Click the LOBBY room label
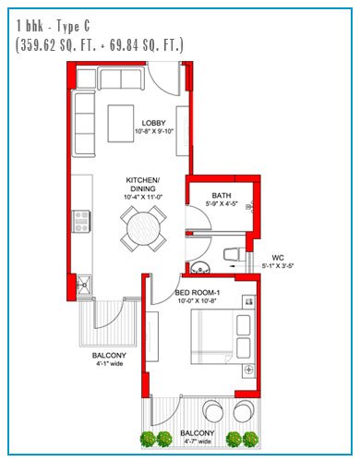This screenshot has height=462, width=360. (153, 123)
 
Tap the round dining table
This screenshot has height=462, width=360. (143, 229)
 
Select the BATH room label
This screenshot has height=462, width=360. (222, 195)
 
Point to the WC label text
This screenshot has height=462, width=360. (278, 258)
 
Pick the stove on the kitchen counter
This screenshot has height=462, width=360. (81, 221)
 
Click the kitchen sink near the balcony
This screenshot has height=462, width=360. (84, 285)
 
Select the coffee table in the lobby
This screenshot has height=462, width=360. (121, 124)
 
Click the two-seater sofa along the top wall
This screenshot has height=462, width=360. (121, 79)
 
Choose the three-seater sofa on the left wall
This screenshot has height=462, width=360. (83, 124)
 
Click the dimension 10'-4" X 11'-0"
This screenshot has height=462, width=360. (143, 197)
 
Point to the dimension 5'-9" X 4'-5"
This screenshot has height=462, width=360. (222, 203)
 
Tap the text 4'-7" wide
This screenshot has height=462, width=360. (197, 442)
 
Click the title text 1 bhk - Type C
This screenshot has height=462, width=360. (53, 26)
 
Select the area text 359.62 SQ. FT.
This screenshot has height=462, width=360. (56, 45)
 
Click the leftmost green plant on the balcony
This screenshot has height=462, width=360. (148, 439)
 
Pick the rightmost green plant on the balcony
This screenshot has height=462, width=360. (250, 439)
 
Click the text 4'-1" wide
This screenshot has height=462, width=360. (109, 364)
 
